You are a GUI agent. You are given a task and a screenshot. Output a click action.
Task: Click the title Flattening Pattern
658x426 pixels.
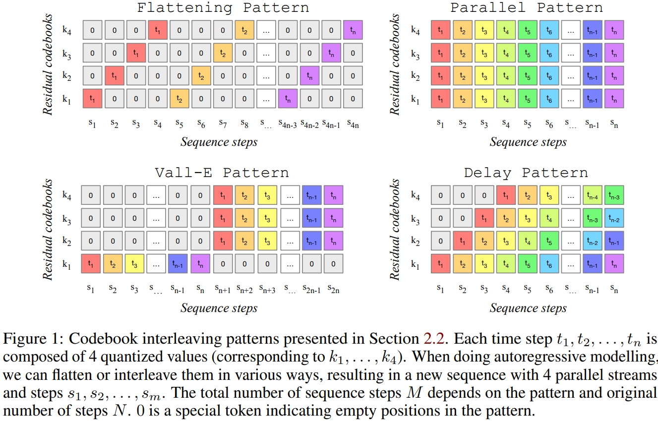click(x=223, y=7)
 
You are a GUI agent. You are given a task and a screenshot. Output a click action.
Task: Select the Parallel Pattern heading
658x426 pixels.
click(x=527, y=7)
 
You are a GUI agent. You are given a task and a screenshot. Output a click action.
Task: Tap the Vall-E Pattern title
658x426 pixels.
click(x=222, y=173)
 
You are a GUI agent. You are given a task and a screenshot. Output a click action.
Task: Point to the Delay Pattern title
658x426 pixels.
click(x=526, y=173)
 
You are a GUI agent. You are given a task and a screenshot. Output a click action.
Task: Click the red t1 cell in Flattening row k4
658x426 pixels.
click(x=158, y=30)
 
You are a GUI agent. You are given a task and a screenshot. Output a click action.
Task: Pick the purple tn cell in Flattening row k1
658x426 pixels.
click(x=288, y=99)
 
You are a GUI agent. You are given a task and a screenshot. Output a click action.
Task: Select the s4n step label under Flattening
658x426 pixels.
click(x=353, y=124)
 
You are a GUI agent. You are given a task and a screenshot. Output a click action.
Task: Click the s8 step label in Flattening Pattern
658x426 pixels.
click(x=244, y=124)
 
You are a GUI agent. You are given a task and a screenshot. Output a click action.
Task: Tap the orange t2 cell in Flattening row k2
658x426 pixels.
click(x=201, y=76)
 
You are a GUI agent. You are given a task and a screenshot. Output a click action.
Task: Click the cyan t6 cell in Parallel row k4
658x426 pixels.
click(x=549, y=30)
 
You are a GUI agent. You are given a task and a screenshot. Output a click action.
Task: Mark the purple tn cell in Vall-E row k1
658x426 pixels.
click(x=200, y=264)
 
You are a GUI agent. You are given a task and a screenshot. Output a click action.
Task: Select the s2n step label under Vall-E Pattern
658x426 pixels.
click(x=333, y=289)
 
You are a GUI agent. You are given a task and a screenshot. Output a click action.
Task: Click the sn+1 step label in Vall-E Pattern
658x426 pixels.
click(x=223, y=289)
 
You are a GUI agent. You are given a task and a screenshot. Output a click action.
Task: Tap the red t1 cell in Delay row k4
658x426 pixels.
click(x=506, y=195)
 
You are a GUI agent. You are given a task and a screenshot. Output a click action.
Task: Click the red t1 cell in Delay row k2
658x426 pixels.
click(x=462, y=241)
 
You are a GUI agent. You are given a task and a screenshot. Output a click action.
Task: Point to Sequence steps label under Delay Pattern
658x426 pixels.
click(x=528, y=308)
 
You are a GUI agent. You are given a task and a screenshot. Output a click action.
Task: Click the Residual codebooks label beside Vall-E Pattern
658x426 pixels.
click(x=48, y=229)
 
